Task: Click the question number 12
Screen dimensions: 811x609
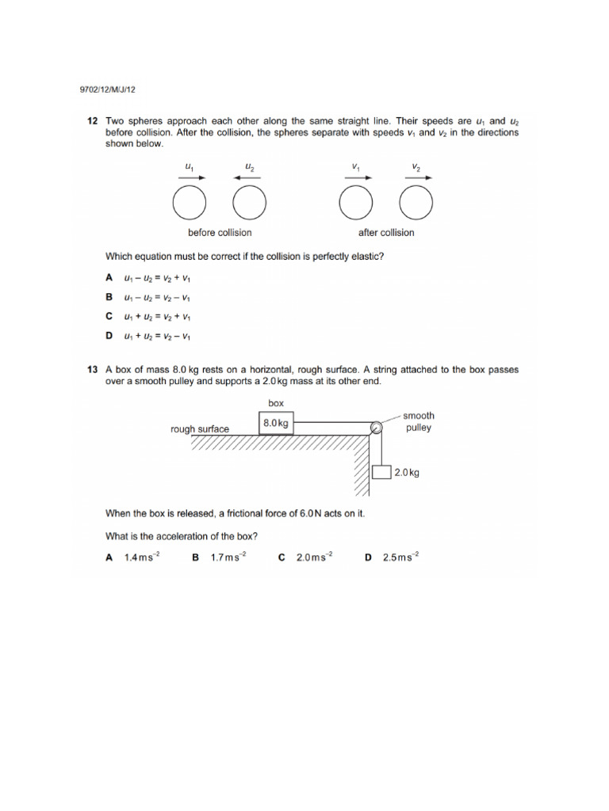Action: [92, 121]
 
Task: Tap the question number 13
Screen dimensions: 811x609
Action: [92, 370]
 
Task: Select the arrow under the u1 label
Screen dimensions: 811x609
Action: [189, 178]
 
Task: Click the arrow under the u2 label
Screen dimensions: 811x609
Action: [250, 178]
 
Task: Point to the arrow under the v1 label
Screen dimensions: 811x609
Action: [356, 178]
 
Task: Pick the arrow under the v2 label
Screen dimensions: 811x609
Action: [417, 178]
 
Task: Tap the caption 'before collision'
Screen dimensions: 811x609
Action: [220, 233]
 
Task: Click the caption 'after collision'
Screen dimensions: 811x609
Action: [386, 233]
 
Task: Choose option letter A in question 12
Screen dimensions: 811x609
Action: [109, 278]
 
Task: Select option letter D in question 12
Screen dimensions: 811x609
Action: [109, 336]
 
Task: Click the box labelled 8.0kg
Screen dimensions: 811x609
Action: [276, 424]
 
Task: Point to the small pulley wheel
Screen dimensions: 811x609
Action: [377, 428]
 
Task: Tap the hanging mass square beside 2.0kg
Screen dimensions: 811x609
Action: [381, 472]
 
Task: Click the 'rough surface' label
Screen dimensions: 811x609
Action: [200, 429]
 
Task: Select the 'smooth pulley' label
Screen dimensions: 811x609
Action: [418, 421]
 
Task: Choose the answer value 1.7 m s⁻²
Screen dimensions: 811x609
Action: [228, 558]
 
